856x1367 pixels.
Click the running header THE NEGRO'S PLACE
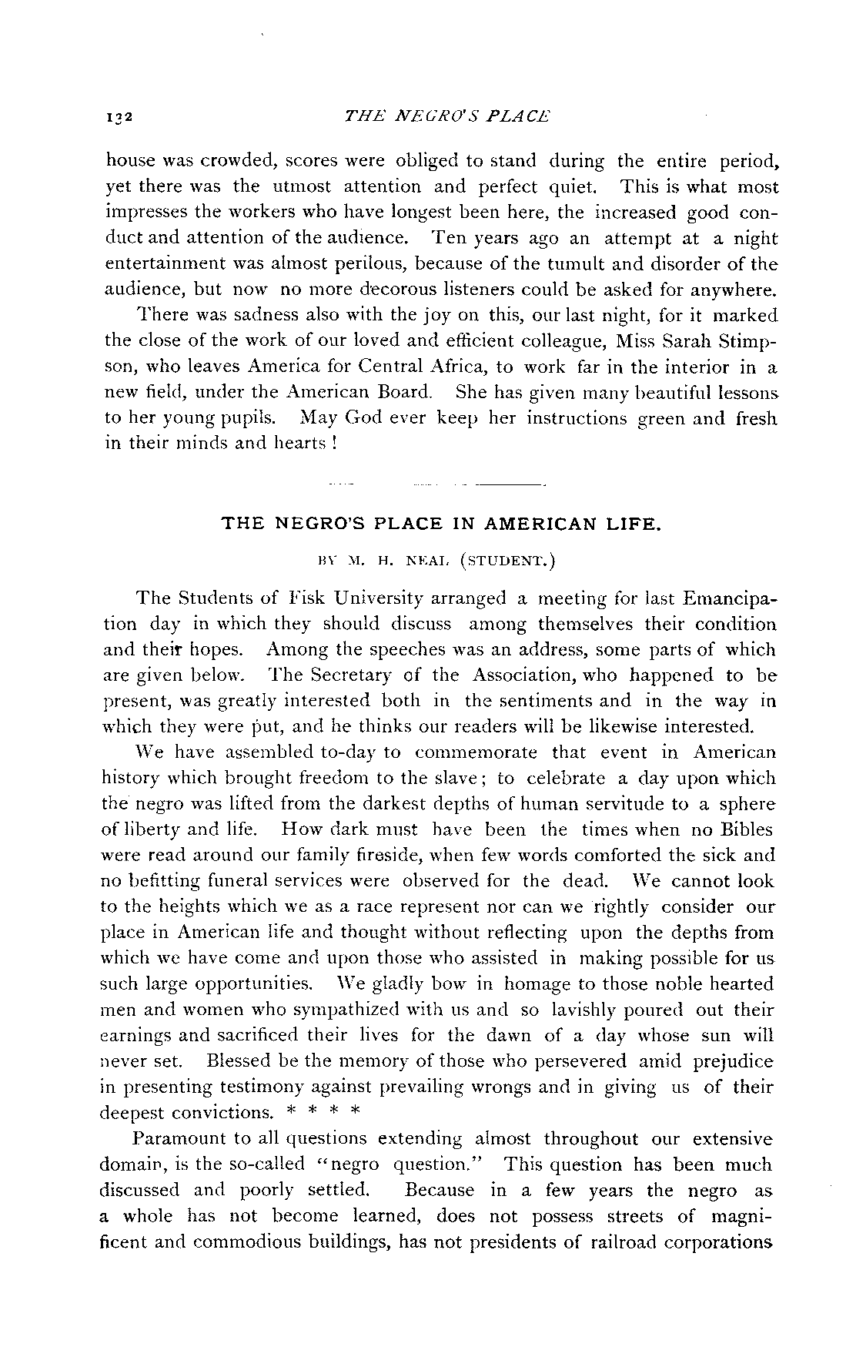(448, 116)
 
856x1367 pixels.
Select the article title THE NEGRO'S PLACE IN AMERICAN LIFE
(440, 524)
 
